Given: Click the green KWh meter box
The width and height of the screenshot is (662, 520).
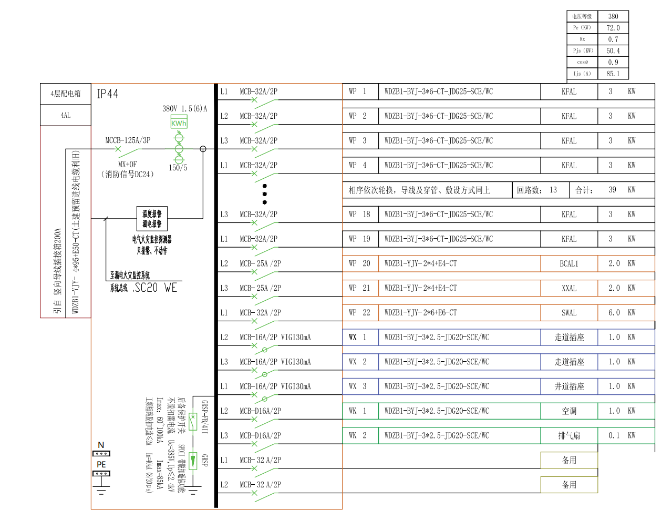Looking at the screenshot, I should (179, 123).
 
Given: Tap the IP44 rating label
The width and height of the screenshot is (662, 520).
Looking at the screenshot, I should (108, 94).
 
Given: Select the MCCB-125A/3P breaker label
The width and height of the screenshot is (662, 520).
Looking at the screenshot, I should (128, 140).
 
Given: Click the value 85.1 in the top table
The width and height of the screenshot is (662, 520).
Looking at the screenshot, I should (613, 74).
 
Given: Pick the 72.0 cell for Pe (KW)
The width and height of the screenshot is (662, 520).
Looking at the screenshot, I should (613, 28).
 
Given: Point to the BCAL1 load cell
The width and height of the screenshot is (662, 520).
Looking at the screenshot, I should (569, 263).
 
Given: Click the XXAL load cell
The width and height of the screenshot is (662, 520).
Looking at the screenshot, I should (569, 288).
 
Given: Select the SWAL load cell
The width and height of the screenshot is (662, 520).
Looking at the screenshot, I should (569, 313).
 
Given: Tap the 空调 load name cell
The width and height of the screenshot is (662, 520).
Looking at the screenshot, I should (569, 411).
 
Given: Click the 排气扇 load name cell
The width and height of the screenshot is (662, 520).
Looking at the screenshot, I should (569, 436).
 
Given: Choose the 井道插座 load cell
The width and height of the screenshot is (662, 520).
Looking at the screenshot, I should (569, 386).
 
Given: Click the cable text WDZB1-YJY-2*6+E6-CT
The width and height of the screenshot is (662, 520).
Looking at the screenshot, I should (420, 313).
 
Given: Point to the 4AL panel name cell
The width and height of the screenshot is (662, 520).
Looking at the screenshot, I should (66, 115).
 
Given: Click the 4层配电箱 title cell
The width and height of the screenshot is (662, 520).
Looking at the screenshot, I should (66, 94).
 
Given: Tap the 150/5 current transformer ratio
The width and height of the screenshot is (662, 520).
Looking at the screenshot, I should (178, 168).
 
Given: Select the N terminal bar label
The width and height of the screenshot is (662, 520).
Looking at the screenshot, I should (101, 445).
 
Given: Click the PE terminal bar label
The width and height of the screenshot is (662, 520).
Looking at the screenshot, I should (101, 465).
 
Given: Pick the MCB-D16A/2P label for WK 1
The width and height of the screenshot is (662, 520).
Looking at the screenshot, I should (260, 411).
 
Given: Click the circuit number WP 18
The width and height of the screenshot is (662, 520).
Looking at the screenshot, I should (359, 215).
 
